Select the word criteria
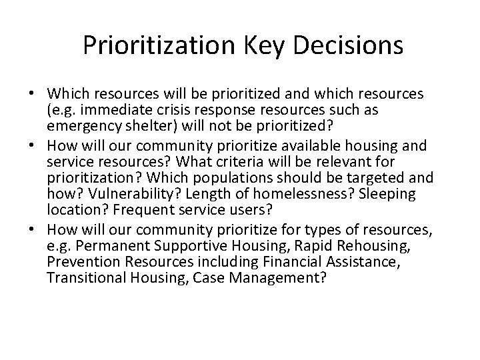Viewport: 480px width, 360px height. click(x=273, y=163)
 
